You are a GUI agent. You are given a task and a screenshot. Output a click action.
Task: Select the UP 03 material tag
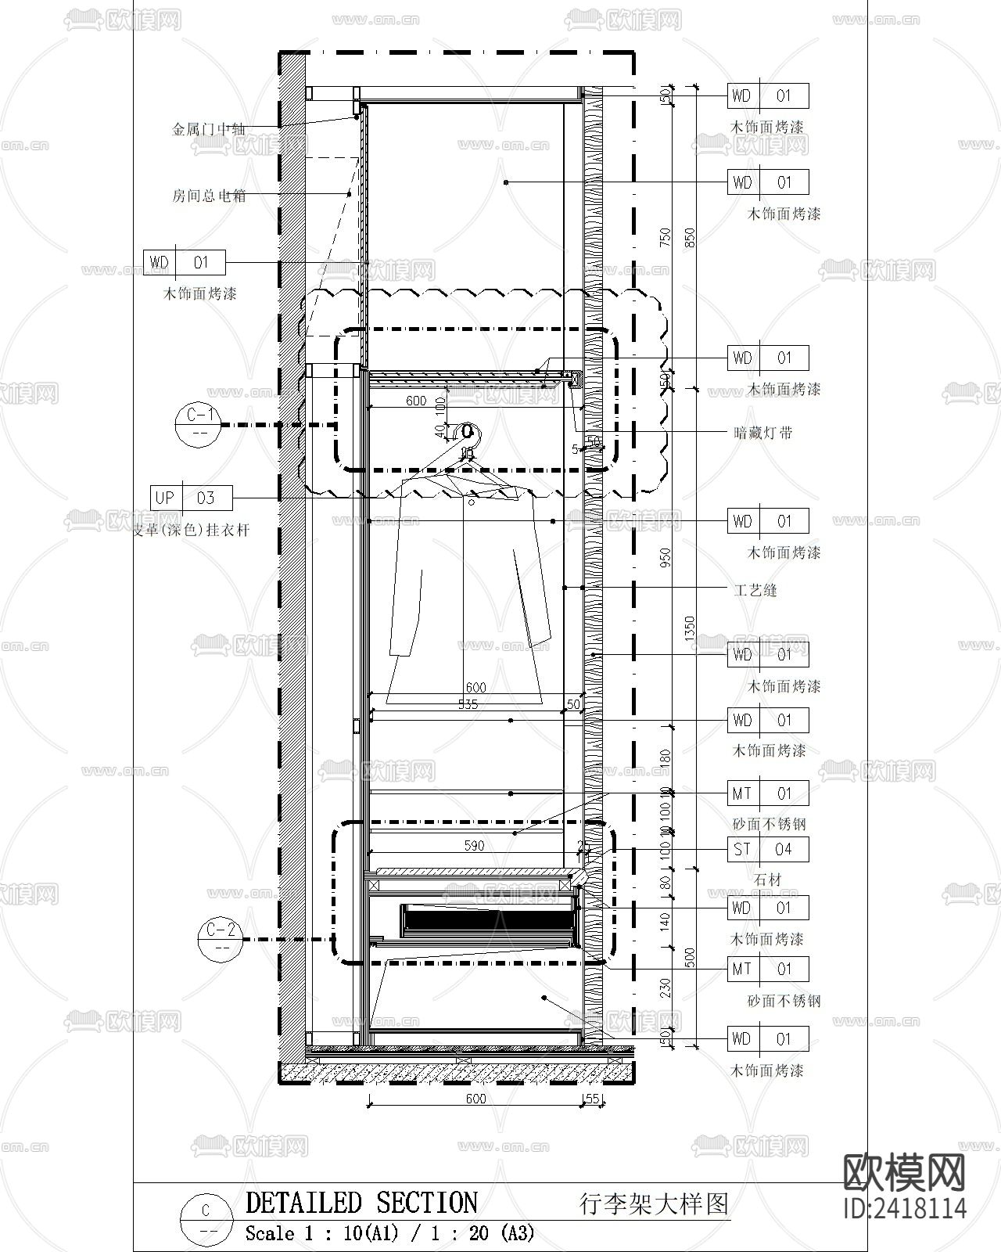tap(192, 498)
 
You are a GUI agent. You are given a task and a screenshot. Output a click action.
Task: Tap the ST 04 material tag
tap(768, 849)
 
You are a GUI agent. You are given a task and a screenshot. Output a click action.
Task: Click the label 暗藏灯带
tap(763, 433)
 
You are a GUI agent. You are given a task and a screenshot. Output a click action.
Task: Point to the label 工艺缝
tap(755, 590)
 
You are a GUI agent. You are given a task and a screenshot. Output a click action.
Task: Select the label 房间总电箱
tap(209, 196)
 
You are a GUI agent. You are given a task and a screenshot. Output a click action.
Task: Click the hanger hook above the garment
tap(468, 432)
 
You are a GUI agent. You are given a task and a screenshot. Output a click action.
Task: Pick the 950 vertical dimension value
tap(666, 558)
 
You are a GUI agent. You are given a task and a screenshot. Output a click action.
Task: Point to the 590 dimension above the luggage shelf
tap(474, 845)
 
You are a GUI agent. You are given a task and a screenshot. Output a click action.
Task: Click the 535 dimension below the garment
tap(468, 704)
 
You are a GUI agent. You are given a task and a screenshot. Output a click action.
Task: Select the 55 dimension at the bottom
tap(592, 1099)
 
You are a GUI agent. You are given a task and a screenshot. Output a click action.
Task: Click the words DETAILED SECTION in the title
tap(361, 1203)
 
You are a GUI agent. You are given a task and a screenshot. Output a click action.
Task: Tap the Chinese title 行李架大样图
tap(654, 1203)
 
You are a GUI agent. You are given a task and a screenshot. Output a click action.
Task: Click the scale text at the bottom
tap(389, 1234)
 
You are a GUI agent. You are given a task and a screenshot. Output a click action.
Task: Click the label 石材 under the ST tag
tap(768, 880)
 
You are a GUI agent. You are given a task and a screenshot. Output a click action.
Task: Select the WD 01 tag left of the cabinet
tap(185, 262)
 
